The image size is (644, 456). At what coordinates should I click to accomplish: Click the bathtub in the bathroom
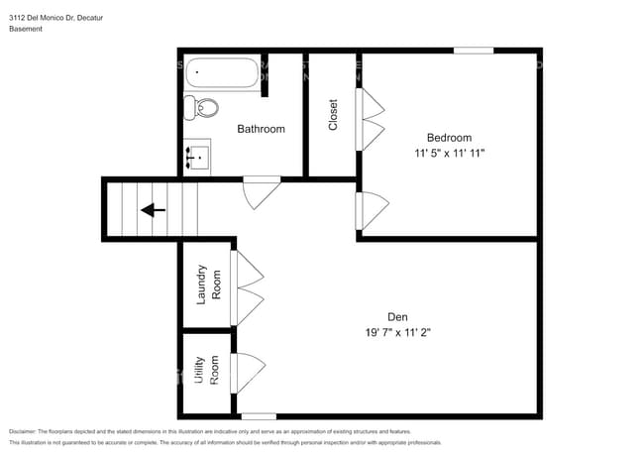(224, 72)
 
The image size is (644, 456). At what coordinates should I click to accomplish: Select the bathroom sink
(197, 157)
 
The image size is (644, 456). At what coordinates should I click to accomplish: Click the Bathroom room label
(261, 129)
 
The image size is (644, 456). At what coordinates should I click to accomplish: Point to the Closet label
(333, 115)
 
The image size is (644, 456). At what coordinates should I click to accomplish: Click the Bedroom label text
(449, 138)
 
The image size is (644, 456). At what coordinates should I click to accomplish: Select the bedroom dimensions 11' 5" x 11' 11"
(449, 154)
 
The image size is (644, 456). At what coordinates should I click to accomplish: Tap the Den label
(398, 317)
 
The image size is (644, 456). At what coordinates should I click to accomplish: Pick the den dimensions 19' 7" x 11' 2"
(398, 333)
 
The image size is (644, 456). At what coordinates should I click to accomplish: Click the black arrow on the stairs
(153, 209)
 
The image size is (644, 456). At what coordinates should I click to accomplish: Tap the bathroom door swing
(264, 192)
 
